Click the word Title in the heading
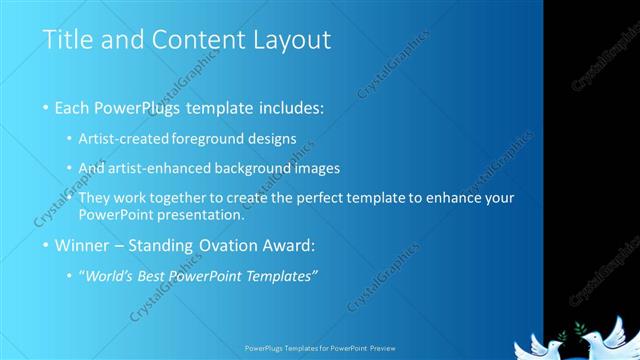coord(65,41)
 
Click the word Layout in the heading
coord(290,41)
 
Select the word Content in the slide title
coord(192,41)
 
